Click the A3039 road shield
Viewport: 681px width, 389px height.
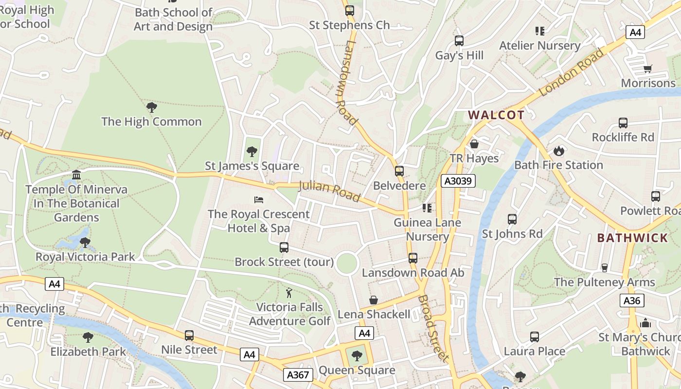[x=458, y=181]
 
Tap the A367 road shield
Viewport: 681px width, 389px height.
[x=298, y=374]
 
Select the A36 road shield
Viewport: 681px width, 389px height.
[x=632, y=301]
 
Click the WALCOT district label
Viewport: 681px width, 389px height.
[x=496, y=115]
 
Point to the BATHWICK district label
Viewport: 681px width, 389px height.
[x=632, y=238]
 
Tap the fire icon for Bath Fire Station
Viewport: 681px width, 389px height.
[x=558, y=151]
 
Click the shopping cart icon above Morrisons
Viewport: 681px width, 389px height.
[x=647, y=69]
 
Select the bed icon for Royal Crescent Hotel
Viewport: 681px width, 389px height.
[x=259, y=199]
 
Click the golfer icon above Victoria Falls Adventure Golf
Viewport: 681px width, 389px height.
[x=289, y=293]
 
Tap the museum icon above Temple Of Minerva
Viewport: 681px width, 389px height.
[x=76, y=175]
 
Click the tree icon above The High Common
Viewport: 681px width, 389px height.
[x=151, y=107]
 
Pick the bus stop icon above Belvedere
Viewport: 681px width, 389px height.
[x=399, y=171]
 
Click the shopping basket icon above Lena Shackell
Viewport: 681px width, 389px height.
[x=374, y=300]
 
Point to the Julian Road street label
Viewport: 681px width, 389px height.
[x=329, y=191]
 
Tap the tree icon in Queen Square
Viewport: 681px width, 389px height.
[x=357, y=356]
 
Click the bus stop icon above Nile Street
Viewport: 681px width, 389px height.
[x=189, y=336]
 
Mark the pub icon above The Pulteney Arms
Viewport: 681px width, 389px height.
[x=605, y=267]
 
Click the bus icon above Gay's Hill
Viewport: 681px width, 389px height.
[x=459, y=41]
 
